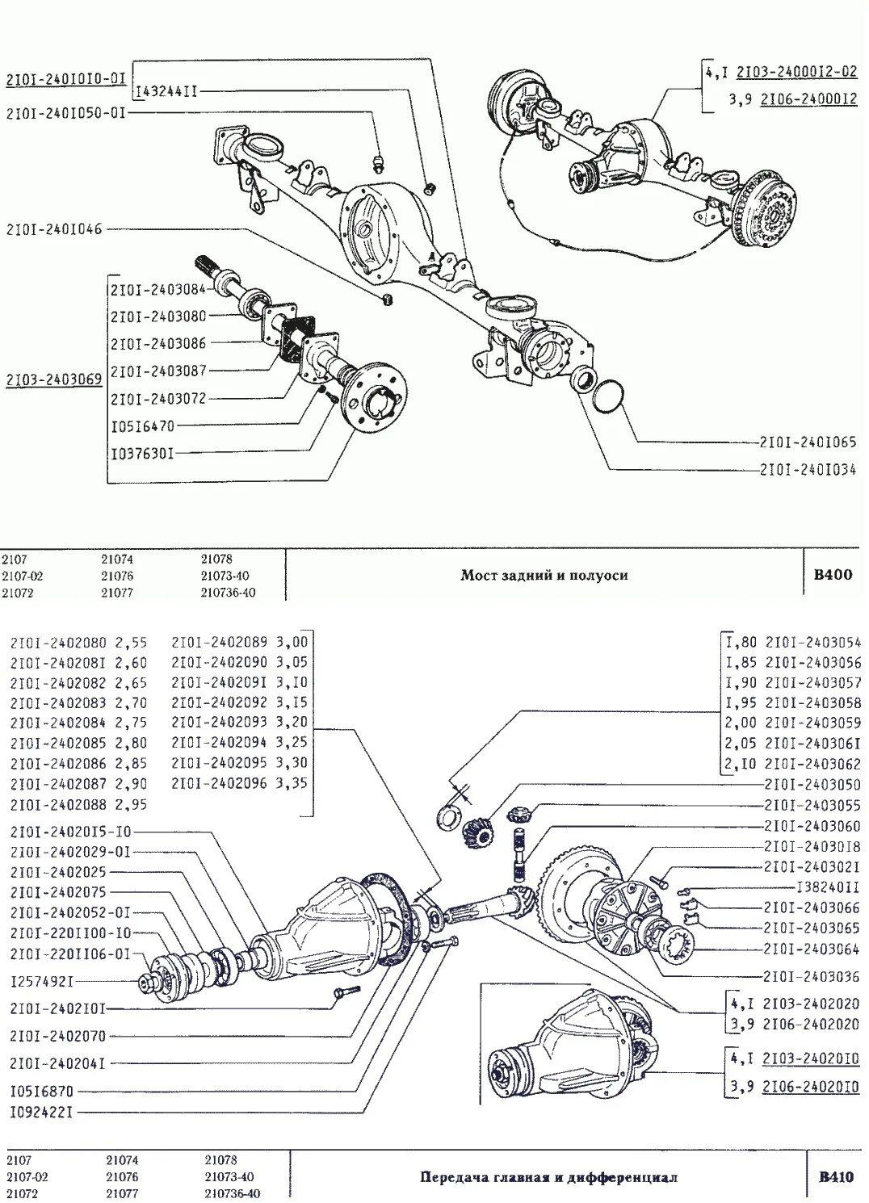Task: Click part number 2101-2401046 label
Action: (54, 229)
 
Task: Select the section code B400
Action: (832, 575)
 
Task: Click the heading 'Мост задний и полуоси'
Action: (544, 575)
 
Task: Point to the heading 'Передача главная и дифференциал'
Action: (548, 1177)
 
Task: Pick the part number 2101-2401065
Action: (807, 442)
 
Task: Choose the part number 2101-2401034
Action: (807, 469)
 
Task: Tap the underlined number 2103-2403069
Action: (54, 379)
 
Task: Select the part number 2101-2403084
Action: (158, 288)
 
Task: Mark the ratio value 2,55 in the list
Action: (131, 643)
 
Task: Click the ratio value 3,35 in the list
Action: (292, 783)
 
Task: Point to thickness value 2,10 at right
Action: (741, 764)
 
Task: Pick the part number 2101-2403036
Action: (812, 975)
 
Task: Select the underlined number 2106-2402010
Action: (811, 1086)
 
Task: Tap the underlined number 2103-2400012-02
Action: (796, 72)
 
